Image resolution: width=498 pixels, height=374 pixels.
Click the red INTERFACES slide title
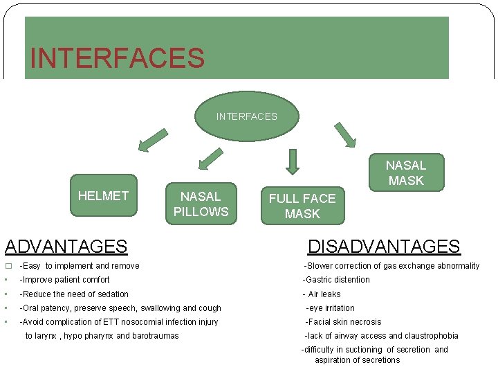tap(117, 57)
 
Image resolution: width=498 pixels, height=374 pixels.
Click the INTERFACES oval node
tap(247, 116)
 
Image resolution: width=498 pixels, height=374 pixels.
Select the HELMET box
tap(104, 196)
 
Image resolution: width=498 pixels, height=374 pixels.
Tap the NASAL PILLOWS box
tap(201, 204)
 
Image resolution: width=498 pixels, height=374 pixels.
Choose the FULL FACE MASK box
tap(302, 206)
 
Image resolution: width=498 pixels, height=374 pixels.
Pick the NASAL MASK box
tap(406, 172)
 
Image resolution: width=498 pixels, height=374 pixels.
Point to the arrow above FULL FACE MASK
tap(293, 162)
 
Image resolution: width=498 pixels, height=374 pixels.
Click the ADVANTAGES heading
tap(66, 246)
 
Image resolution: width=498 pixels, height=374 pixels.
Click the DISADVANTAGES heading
tap(383, 246)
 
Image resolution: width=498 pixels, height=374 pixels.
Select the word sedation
tap(113, 294)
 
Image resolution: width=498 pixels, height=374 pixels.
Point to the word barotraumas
tap(155, 336)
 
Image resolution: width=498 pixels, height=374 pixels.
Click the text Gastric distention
tap(337, 280)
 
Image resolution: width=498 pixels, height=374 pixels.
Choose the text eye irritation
tap(331, 308)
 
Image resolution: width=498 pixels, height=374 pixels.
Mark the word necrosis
tap(366, 322)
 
